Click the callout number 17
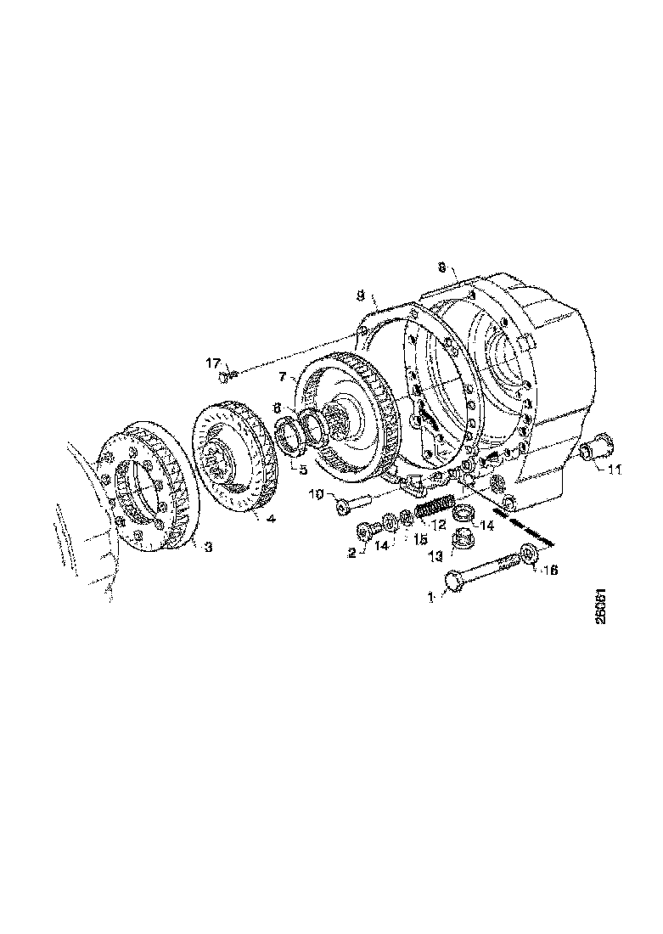(x=213, y=363)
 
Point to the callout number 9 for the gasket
(x=361, y=296)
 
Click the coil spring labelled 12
(x=435, y=509)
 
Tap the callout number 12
(x=440, y=526)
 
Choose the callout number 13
(x=437, y=555)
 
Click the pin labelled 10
(x=347, y=506)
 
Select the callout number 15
(x=419, y=540)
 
